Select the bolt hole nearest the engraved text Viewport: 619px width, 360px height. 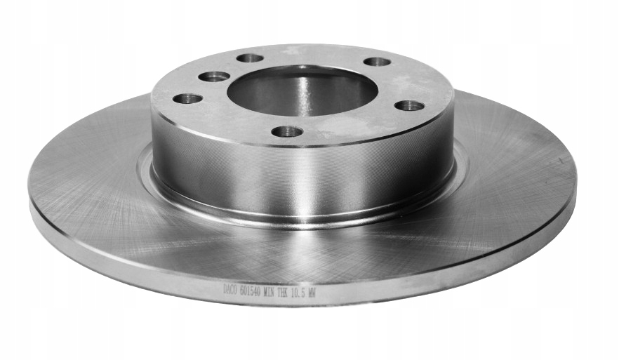287,131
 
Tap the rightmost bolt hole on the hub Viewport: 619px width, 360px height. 409,106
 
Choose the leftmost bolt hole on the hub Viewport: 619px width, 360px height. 187,98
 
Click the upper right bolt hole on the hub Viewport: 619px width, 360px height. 377,62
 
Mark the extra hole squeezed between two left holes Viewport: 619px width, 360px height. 213,76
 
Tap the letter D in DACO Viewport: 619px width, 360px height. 226,288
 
